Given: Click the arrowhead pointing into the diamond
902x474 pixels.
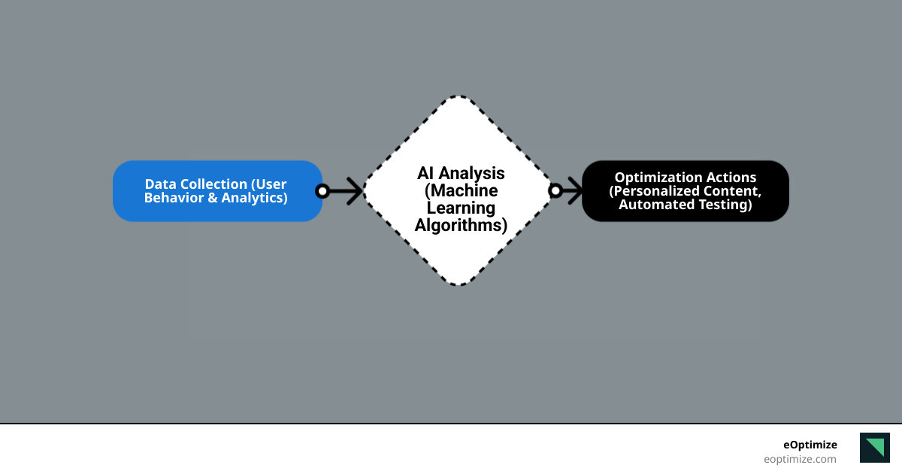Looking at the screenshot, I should coord(355,191).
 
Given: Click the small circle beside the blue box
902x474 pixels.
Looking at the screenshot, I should coord(322,191).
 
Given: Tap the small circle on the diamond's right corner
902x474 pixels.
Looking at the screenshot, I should coord(555,191).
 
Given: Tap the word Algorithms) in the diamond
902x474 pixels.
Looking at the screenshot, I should coord(461,225).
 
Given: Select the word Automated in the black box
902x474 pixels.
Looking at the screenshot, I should coord(652,204).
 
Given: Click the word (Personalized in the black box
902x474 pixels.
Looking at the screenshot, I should coord(653,191).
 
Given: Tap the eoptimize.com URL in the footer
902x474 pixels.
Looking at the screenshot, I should coord(800,459).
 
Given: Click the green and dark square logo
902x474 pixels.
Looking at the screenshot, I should coord(874,447).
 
